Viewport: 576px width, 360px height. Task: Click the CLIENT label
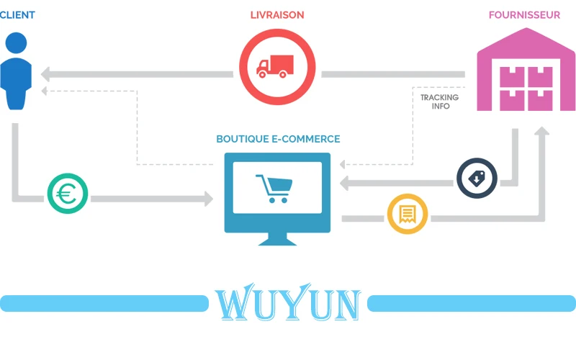coord(17,14)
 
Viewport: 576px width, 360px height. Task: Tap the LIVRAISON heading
coord(277,14)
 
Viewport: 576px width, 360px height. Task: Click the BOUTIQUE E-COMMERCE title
coord(278,139)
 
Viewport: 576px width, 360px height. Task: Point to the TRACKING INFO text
coord(439,102)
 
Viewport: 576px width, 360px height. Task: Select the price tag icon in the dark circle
coord(476,179)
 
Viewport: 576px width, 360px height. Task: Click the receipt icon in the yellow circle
coord(408,214)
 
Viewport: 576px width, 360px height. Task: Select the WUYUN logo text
coord(287,305)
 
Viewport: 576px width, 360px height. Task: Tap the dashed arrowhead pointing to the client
coord(45,91)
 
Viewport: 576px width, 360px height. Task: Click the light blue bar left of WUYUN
coord(104,303)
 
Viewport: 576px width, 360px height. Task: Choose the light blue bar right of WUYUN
coord(472,303)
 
